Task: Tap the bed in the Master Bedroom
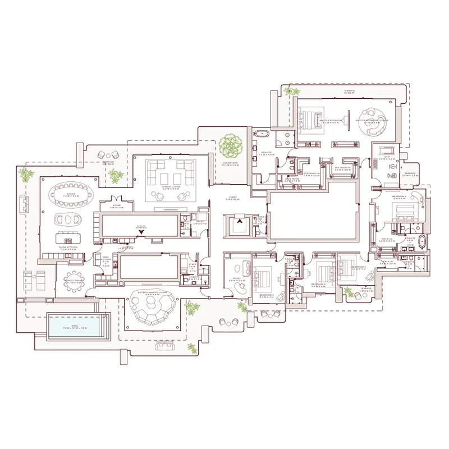309,120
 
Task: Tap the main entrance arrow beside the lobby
240,222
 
